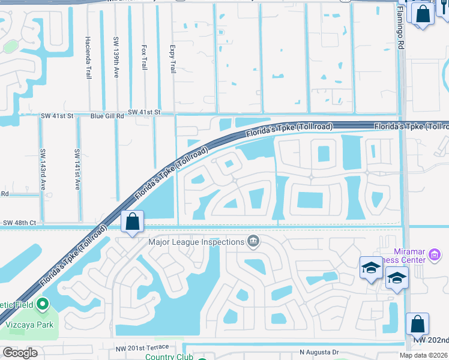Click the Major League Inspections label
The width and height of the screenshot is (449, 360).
pyautogui.click(x=196, y=242)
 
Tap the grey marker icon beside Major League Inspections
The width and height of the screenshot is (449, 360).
pyautogui.click(x=253, y=242)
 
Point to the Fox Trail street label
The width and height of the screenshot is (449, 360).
pyautogui.click(x=144, y=57)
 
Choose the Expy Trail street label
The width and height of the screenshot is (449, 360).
pyautogui.click(x=173, y=58)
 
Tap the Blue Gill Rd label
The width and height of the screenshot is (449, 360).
pyautogui.click(x=107, y=115)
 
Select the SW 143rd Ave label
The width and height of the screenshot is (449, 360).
pyautogui.click(x=43, y=169)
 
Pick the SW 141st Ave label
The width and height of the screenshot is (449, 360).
pyautogui.click(x=77, y=169)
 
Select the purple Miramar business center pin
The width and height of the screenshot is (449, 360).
pyautogui.click(x=435, y=256)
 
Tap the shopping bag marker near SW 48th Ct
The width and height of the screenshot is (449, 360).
pyautogui.click(x=132, y=221)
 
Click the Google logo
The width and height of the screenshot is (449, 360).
pyautogui.click(x=19, y=353)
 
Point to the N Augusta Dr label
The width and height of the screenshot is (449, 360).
pyautogui.click(x=319, y=352)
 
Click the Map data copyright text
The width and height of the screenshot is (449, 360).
pyautogui.click(x=423, y=355)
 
